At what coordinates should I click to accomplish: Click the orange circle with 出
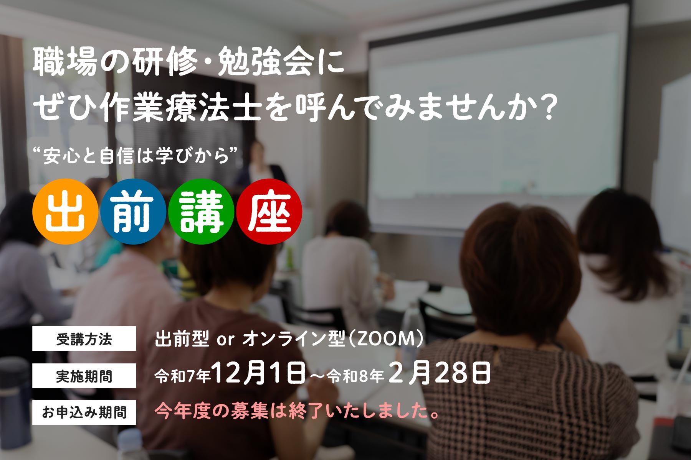point(65,212)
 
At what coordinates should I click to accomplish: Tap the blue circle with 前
point(133,212)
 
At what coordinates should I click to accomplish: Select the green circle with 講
point(201,212)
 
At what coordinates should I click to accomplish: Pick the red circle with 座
point(269,212)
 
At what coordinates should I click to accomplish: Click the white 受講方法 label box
point(84,338)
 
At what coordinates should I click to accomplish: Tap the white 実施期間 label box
point(84,376)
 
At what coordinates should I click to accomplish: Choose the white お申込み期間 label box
point(84,412)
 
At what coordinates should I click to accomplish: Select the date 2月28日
point(440,373)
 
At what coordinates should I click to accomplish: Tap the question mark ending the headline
point(546,107)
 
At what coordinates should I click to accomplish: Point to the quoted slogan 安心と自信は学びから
point(136,155)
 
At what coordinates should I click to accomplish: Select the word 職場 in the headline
point(64,61)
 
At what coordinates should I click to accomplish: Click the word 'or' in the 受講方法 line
point(225,340)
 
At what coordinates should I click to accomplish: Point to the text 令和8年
point(355,376)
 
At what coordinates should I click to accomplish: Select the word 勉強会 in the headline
point(266,61)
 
